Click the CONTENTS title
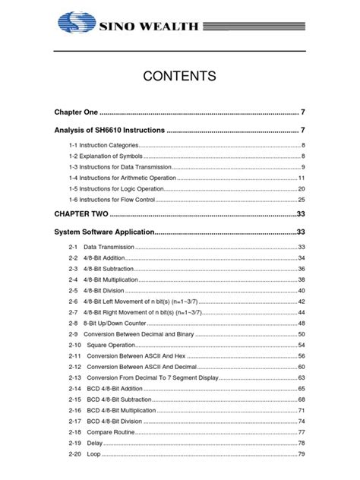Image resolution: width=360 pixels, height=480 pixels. point(180,76)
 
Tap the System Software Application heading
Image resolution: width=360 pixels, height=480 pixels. point(105,232)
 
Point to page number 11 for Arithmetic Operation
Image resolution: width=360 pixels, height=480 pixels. point(301,177)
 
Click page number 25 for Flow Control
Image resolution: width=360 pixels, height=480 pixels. point(301,199)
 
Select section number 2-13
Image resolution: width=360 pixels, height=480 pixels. point(74,377)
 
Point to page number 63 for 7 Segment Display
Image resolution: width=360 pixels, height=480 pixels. point(301,377)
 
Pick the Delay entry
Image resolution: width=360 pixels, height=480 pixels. point(94,443)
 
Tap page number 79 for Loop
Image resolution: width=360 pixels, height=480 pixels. point(301,454)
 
